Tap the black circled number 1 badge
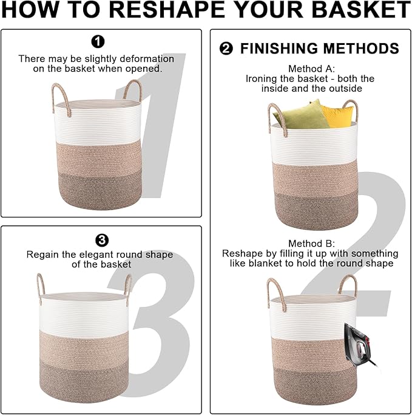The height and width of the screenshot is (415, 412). point(97,41)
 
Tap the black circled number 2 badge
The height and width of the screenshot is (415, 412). point(226,49)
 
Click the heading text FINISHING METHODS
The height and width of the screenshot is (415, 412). point(319,49)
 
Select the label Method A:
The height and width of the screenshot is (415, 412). point(311,69)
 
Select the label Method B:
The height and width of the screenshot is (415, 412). point(311,243)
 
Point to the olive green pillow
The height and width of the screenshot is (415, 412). point(301,115)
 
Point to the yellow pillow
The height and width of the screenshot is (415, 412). point(337,115)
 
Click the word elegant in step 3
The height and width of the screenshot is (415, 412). point(89,254)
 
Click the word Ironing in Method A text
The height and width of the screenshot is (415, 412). point(262,78)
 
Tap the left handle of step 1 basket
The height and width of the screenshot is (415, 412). point(58,94)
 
